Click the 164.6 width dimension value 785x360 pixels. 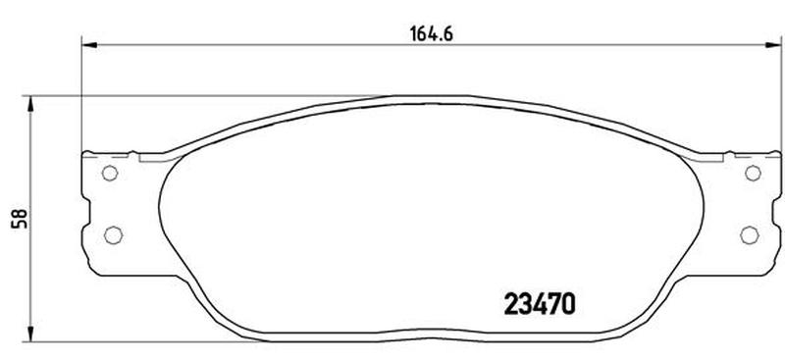(x=431, y=34)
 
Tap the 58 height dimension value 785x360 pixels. (x=20, y=220)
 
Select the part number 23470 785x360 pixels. (x=539, y=303)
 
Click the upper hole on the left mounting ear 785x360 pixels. (x=109, y=174)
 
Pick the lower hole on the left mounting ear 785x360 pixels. (x=113, y=234)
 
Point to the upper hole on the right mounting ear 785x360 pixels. (x=753, y=174)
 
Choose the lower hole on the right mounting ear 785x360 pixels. (x=750, y=234)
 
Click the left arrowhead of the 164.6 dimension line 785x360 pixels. (x=88, y=45)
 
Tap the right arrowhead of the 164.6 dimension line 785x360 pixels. (x=773, y=45)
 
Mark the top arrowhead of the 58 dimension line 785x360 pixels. (x=30, y=104)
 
